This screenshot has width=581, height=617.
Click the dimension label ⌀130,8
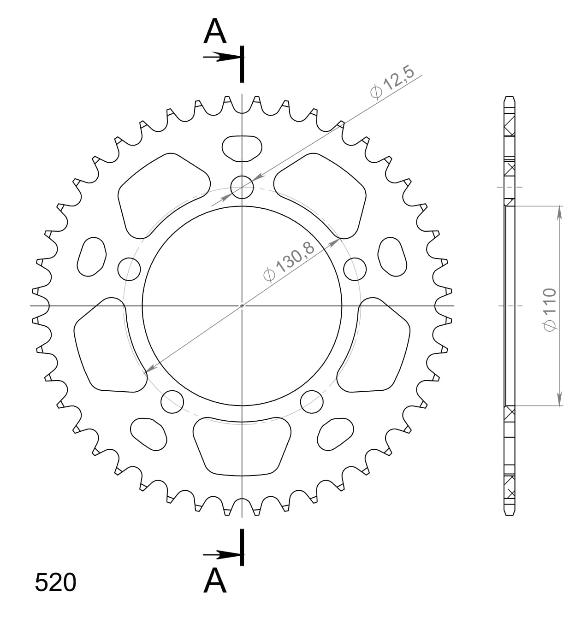pos(289,262)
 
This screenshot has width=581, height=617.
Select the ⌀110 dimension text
pos(550,309)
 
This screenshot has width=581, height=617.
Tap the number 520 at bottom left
pos(55,583)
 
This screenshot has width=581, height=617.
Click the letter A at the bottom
pos(215,581)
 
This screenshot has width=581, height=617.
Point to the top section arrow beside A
pos(221,57)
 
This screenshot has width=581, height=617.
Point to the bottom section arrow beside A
pos(221,554)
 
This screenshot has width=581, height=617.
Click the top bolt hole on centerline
pos(242,187)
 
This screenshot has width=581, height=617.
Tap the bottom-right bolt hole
pos(312,401)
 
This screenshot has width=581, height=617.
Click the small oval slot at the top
pos(242,148)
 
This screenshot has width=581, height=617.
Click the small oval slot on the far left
pos(91,257)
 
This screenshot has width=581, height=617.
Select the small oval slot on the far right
pos(393,257)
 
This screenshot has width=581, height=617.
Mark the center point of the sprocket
pos(242,306)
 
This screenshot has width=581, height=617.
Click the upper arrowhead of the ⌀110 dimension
pos(559,213)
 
